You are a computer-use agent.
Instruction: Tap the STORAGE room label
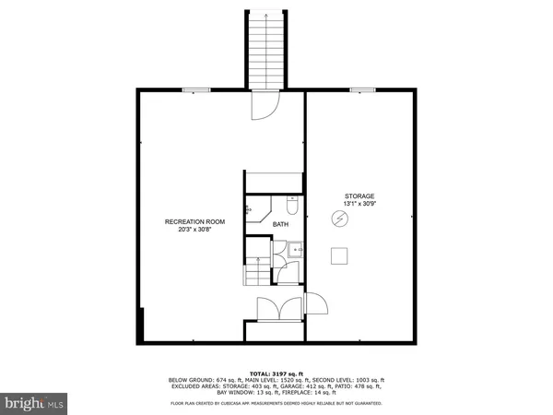[359, 196]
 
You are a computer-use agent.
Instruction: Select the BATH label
[280, 223]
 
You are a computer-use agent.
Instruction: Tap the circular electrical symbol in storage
[339, 219]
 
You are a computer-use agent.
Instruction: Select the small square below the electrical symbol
[339, 255]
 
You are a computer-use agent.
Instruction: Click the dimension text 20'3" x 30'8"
[194, 231]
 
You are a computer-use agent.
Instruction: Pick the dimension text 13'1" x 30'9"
[359, 204]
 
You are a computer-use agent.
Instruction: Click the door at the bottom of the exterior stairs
[264, 108]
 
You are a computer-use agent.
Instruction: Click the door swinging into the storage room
[314, 304]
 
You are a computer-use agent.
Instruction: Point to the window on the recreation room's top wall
[194, 89]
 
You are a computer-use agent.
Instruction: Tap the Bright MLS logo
[34, 403]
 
